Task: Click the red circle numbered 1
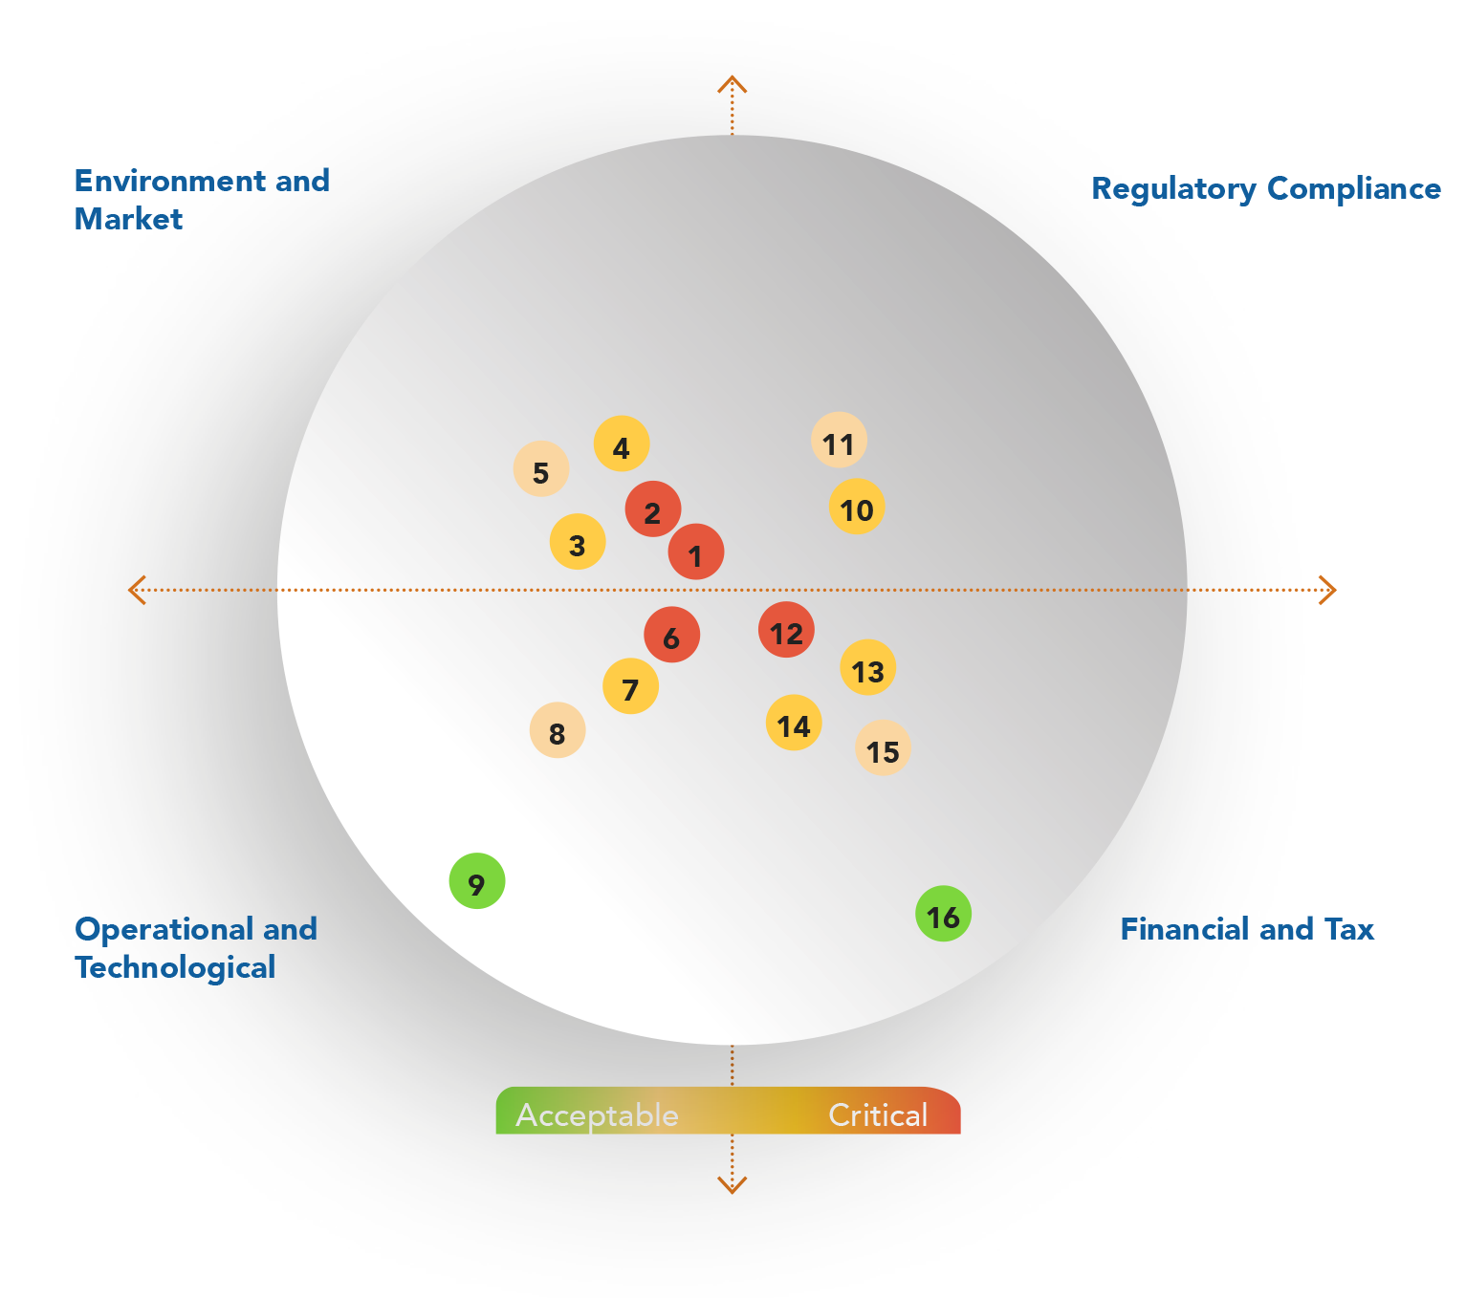(x=695, y=552)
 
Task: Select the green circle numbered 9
(x=476, y=881)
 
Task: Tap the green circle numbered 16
(x=943, y=915)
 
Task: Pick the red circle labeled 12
(x=786, y=631)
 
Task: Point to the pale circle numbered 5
(x=541, y=470)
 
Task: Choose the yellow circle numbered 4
(x=622, y=444)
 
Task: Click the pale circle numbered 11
(x=839, y=441)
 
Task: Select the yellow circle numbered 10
(x=856, y=508)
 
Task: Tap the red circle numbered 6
(x=671, y=636)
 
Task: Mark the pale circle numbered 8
(x=558, y=731)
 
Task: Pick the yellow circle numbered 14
(x=794, y=724)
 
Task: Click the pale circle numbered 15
(x=883, y=748)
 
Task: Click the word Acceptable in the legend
(x=597, y=1115)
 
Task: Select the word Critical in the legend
(x=878, y=1115)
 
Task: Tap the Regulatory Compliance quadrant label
(x=1265, y=189)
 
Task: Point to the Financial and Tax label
(x=1246, y=929)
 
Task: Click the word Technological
(x=175, y=967)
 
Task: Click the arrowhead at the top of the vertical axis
(x=733, y=84)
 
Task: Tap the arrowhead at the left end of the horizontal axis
(x=137, y=590)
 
